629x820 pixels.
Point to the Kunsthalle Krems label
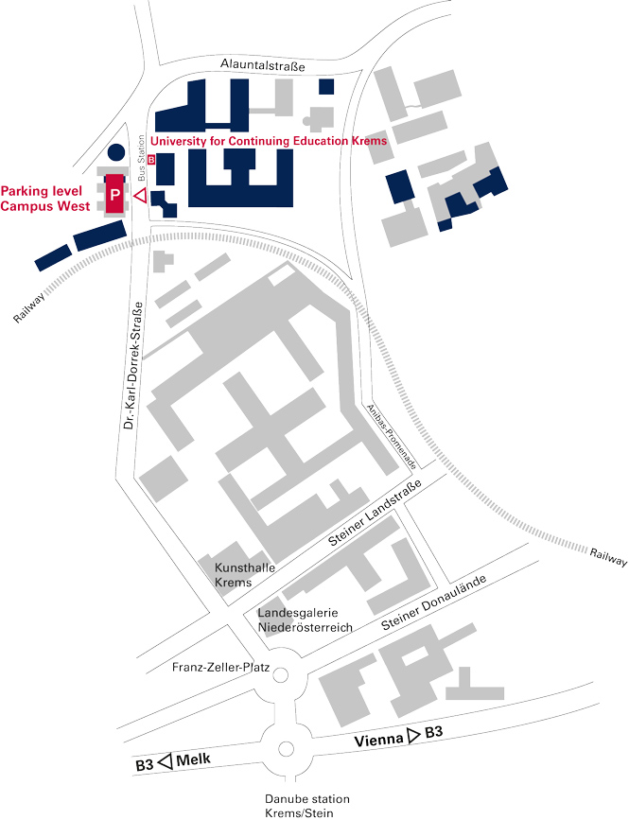tap(233, 575)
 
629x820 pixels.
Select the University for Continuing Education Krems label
tap(269, 141)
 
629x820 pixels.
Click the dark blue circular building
tap(115, 152)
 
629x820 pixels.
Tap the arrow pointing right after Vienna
tap(413, 734)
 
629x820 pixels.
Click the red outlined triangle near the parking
tap(138, 196)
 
